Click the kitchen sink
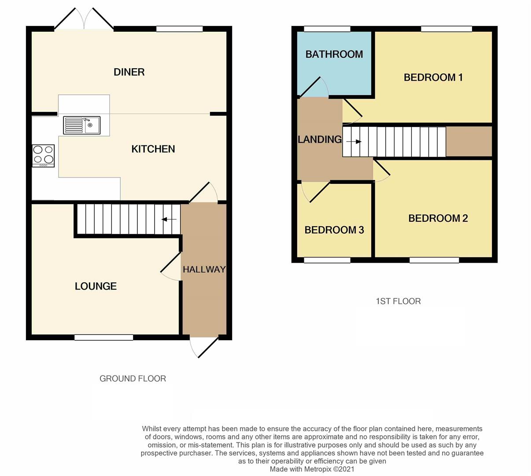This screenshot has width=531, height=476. [82, 125]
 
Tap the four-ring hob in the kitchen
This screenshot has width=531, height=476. [43, 156]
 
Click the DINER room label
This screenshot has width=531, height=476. [129, 72]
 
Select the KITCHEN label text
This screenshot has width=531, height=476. [153, 149]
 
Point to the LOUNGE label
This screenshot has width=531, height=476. [96, 286]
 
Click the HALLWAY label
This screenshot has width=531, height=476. [204, 269]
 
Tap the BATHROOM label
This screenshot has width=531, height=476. [334, 54]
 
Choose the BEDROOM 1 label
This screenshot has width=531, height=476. [433, 78]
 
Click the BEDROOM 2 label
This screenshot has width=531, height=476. [438, 218]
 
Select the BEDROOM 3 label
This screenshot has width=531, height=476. [334, 230]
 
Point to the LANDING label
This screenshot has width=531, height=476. [320, 140]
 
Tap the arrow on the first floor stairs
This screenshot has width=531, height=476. [354, 142]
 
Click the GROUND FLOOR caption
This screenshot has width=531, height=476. [133, 379]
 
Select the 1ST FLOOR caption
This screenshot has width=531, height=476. [398, 301]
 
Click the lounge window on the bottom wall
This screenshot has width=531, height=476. [103, 338]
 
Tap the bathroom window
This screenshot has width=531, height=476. [327, 29]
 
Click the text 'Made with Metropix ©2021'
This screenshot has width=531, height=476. [312, 469]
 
